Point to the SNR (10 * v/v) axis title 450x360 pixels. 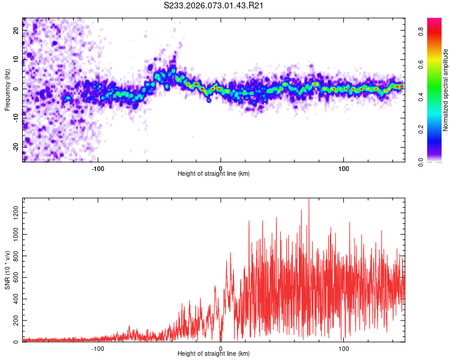[x=8, y=271]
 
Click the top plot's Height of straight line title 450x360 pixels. [x=214, y=174]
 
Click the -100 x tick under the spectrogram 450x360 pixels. [x=98, y=167]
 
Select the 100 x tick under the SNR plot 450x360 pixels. [x=344, y=348]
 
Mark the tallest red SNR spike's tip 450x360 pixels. [x=309, y=199]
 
